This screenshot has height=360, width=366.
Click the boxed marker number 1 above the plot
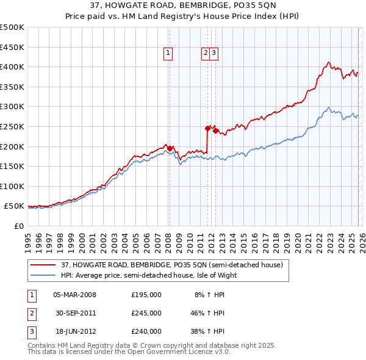(167, 53)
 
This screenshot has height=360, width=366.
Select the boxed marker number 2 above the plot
(206, 53)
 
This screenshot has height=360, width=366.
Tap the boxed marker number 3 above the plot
(215, 53)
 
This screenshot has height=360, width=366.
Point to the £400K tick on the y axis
(12, 67)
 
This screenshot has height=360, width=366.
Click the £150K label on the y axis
(12, 166)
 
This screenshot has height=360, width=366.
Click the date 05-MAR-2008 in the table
(75, 295)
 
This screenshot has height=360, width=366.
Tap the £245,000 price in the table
(146, 313)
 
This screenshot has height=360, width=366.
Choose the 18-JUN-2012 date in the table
(75, 331)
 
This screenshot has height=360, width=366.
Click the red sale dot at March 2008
(170, 148)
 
